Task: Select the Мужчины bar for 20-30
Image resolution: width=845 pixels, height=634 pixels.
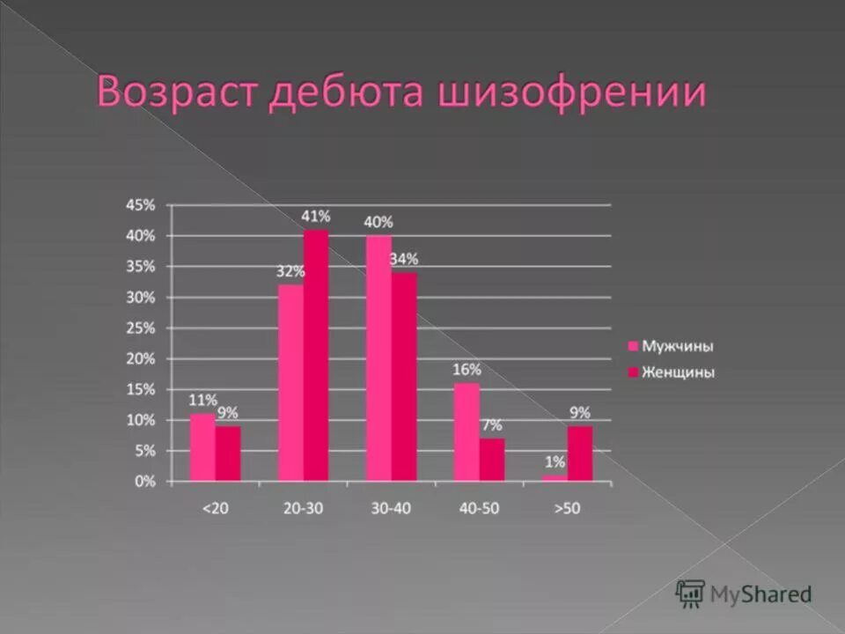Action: tap(291, 382)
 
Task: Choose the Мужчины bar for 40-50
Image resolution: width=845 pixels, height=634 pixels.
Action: tap(467, 431)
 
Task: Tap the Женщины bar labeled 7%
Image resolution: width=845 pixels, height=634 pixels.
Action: tap(492, 460)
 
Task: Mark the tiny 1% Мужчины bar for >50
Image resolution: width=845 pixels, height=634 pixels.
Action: tap(555, 478)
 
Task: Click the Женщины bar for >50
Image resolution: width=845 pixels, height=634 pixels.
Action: tap(580, 453)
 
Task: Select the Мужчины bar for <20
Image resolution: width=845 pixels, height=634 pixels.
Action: tap(203, 447)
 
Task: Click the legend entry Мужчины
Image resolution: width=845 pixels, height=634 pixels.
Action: tap(677, 346)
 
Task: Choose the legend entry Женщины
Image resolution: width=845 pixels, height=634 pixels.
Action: tap(677, 372)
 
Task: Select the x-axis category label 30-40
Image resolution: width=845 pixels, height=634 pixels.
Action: tap(391, 508)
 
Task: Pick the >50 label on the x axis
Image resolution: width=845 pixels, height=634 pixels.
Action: tap(567, 508)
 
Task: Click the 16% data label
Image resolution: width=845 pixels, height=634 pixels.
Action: tap(467, 370)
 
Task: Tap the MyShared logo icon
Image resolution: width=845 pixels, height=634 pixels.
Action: tap(691, 593)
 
